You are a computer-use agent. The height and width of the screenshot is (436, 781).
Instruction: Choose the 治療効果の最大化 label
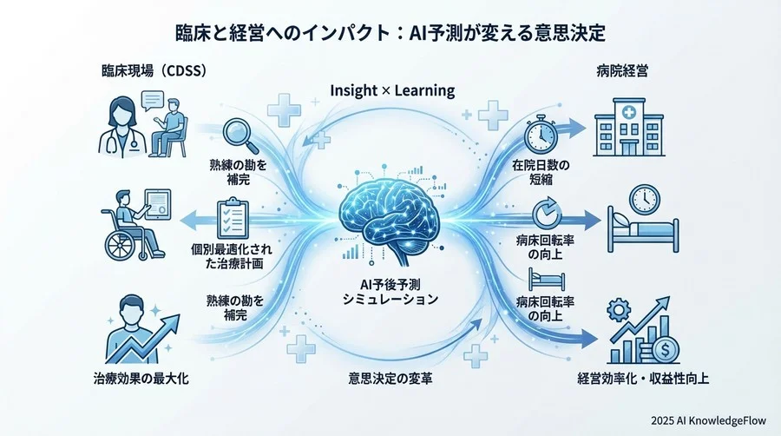[x=147, y=379]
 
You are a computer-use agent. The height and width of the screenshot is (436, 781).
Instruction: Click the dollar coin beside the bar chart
[x=666, y=349]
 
